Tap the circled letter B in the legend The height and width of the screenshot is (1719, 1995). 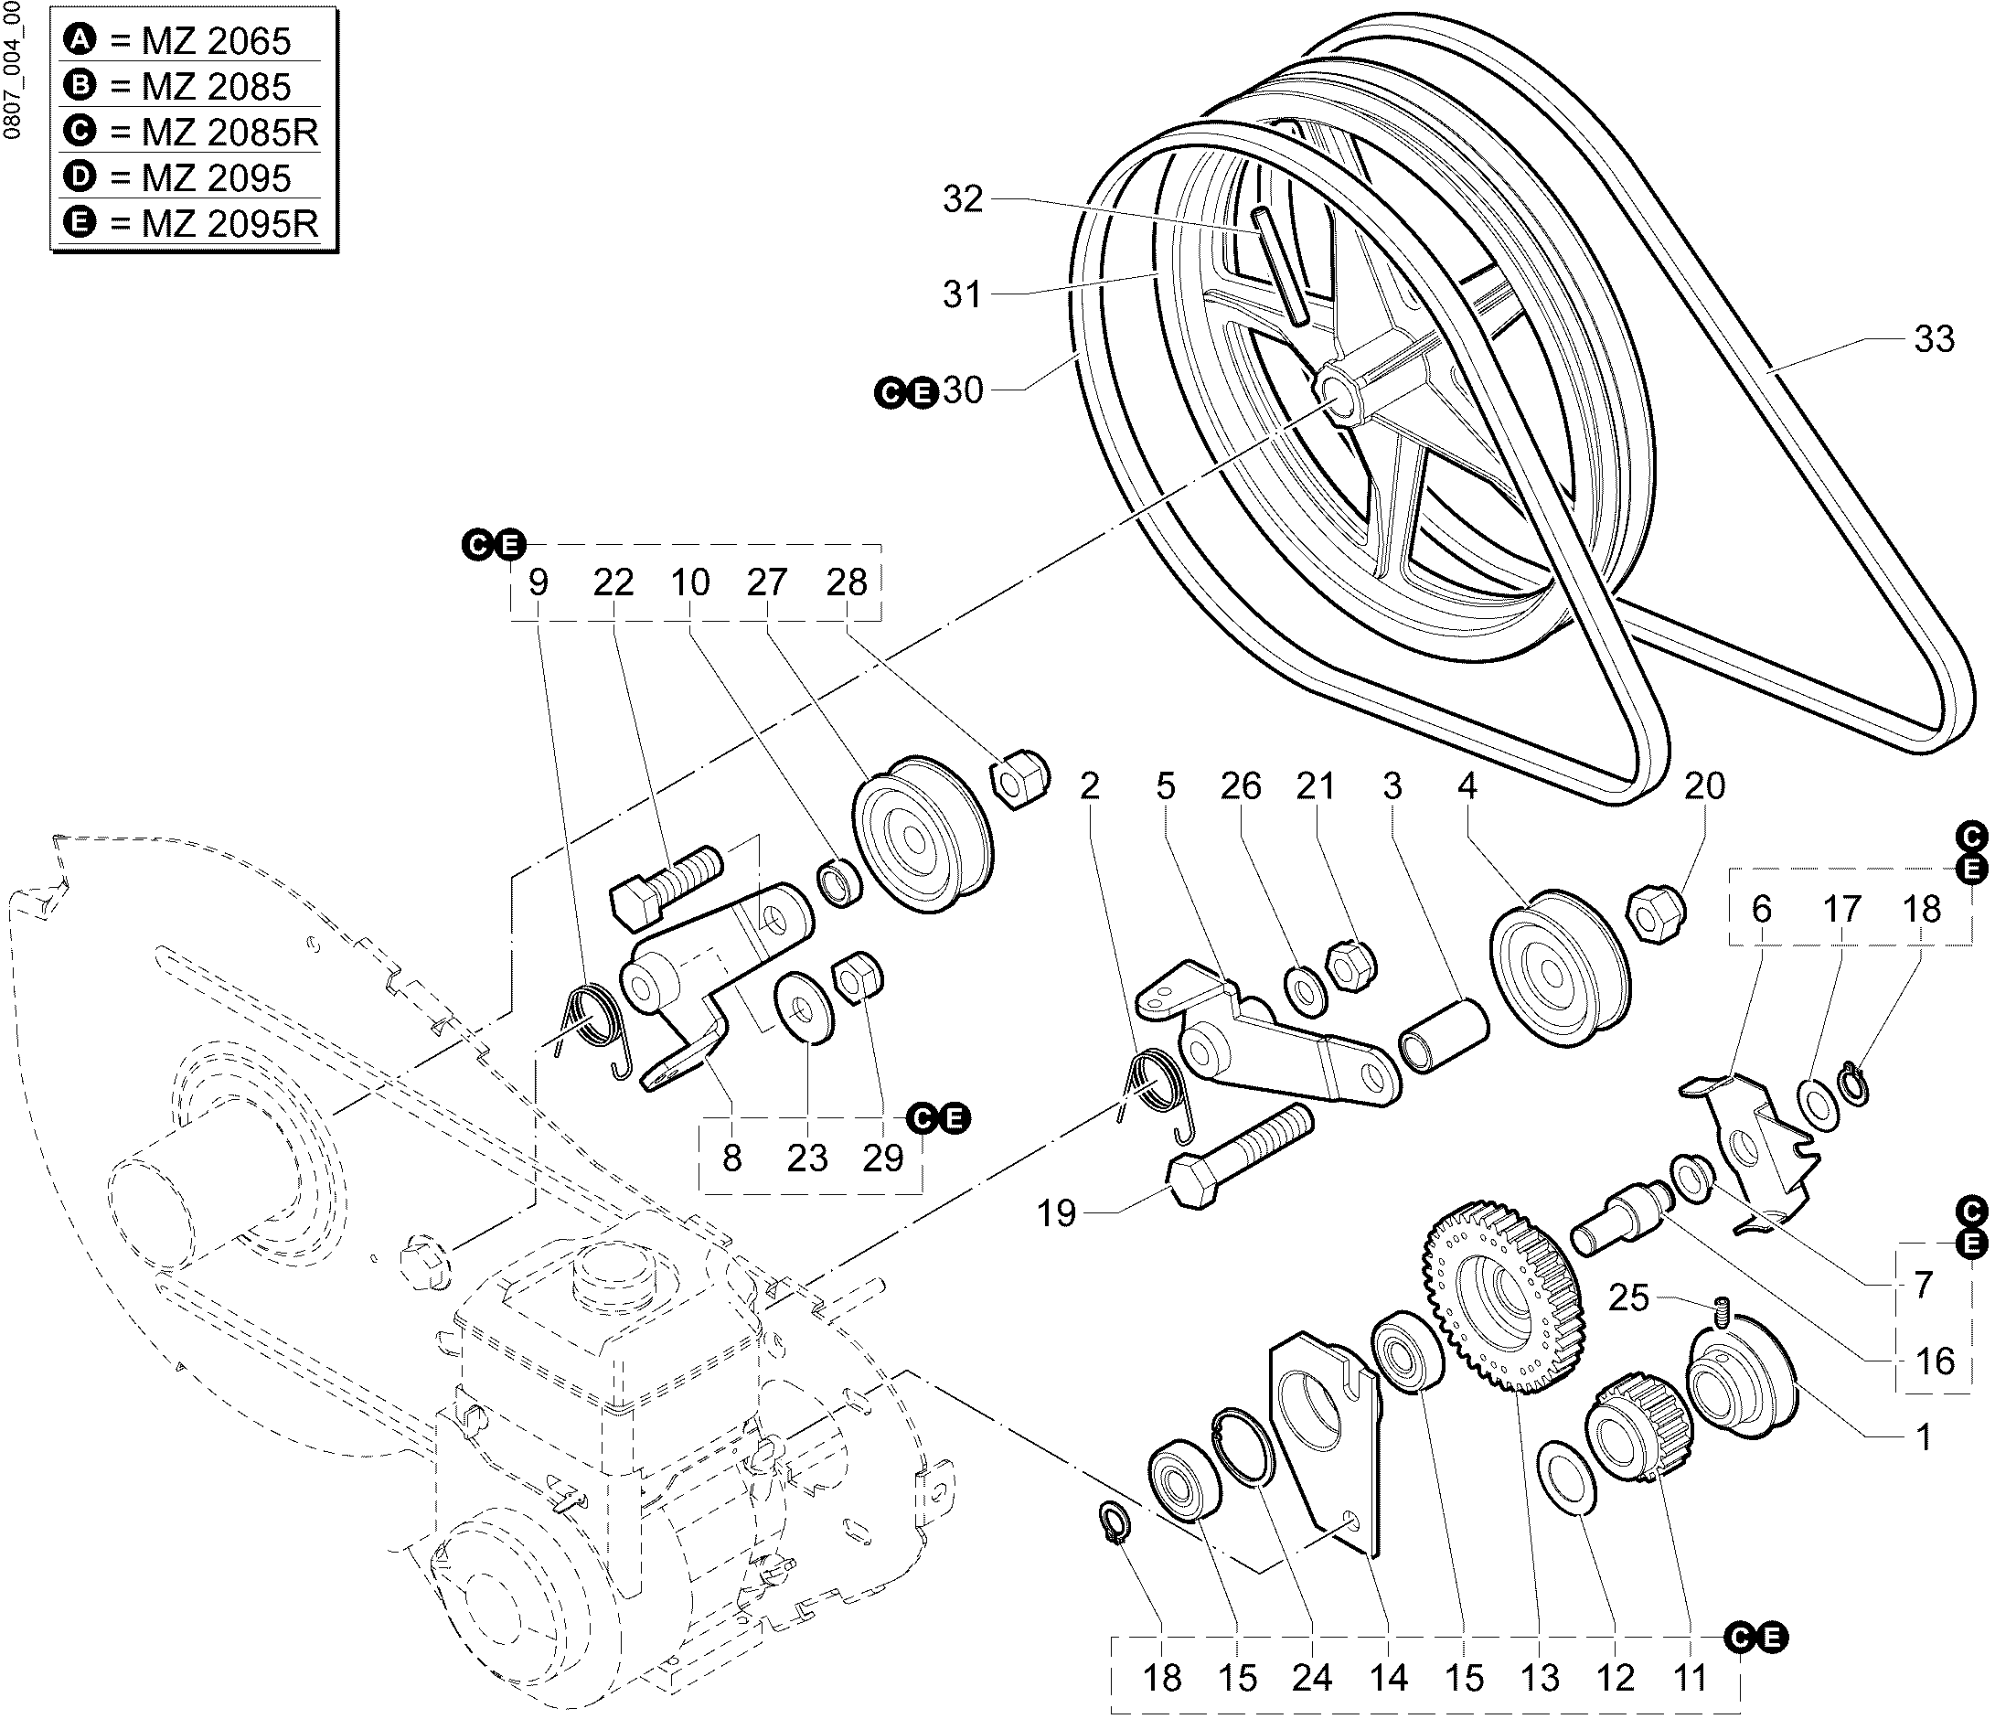tap(80, 86)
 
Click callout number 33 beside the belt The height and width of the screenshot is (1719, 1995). tap(1934, 339)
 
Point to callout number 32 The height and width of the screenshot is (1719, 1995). tap(963, 199)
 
